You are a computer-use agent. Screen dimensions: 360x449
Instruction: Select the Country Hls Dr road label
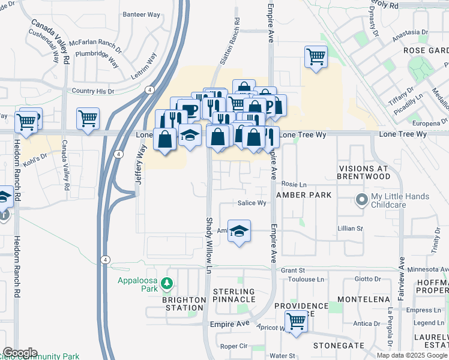[x=92, y=91]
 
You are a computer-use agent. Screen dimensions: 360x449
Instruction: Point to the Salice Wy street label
[x=252, y=203]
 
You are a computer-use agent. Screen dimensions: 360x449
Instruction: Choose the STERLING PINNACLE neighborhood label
[x=235, y=296]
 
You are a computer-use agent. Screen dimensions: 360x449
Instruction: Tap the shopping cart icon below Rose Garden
[x=316, y=58]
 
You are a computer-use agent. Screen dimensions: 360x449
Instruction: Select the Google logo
[x=20, y=353]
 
